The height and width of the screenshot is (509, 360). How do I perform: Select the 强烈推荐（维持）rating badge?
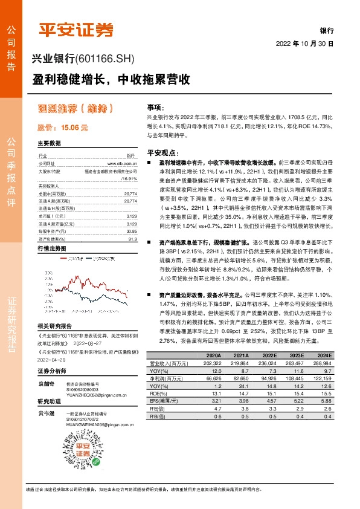tap(76, 109)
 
